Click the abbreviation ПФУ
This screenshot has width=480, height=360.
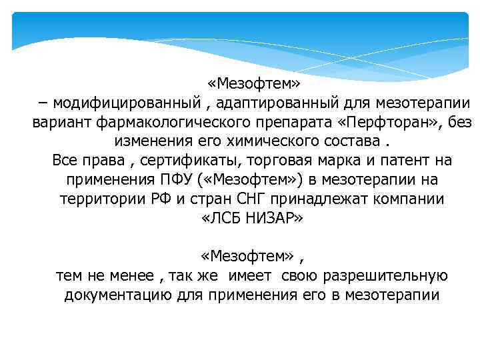[x=196, y=180]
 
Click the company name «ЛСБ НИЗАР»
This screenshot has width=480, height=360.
[x=252, y=219]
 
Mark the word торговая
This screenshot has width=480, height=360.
[x=298, y=161]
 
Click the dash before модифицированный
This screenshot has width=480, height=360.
[x=43, y=103]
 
